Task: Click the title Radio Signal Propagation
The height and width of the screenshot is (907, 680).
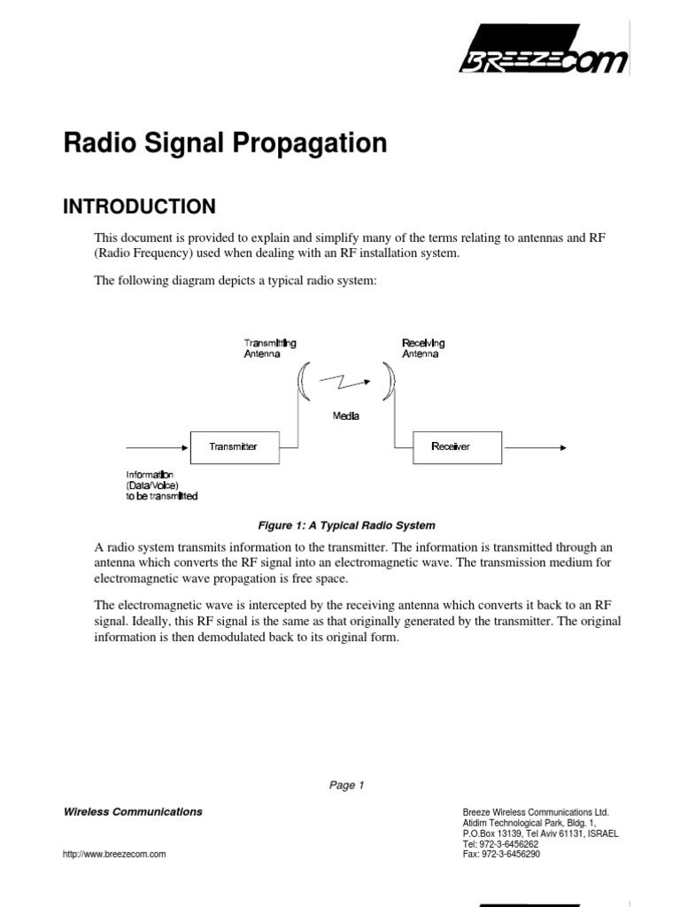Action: (225, 143)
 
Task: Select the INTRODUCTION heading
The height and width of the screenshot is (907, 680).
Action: (139, 206)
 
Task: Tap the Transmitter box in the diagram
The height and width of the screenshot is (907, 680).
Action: (235, 446)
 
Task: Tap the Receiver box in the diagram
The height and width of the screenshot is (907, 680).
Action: (457, 446)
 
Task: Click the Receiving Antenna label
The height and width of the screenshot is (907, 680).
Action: (423, 348)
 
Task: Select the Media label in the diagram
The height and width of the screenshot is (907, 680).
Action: (345, 416)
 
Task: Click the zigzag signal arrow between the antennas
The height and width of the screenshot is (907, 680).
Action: (346, 382)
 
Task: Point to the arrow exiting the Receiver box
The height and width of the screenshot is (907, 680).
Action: (534, 446)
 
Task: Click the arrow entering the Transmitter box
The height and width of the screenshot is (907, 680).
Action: (158, 446)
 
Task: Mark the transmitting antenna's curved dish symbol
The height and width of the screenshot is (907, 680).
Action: (303, 382)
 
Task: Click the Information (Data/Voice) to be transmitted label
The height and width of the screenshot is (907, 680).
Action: (161, 485)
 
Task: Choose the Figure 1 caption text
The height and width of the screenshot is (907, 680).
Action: (346, 525)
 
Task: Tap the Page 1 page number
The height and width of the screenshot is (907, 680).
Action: (346, 785)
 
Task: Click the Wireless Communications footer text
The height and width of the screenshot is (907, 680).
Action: (133, 811)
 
